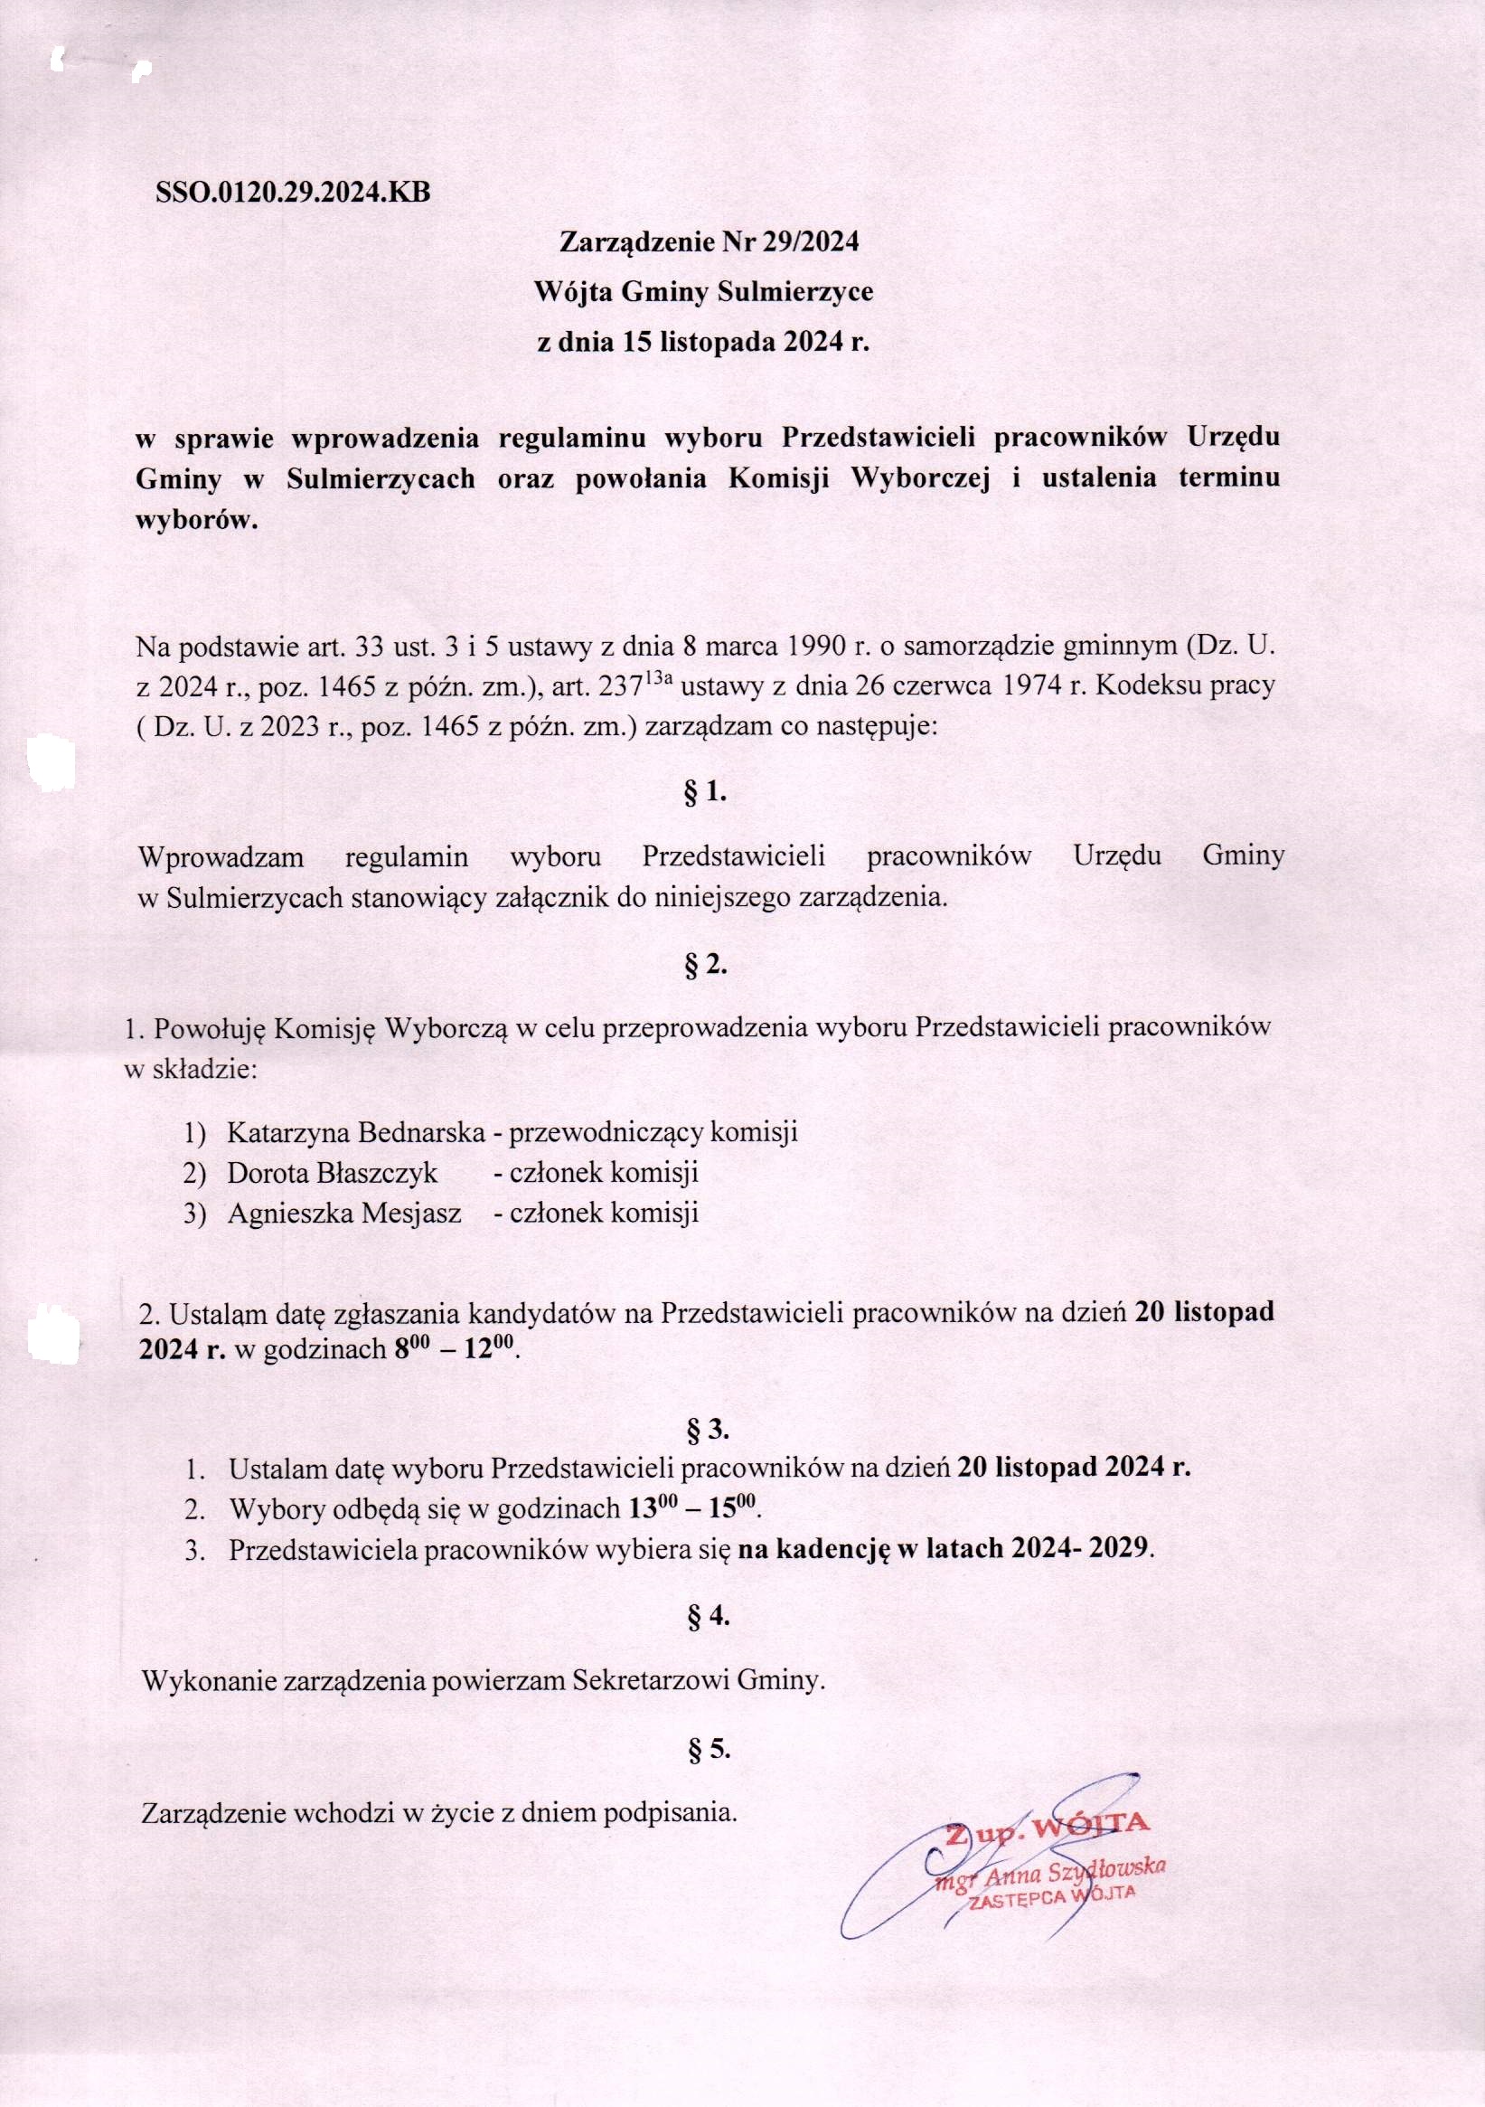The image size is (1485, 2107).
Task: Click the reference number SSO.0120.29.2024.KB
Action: click(293, 194)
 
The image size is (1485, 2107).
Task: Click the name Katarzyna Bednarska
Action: click(356, 1131)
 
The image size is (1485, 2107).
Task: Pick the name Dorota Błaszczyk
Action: click(332, 1172)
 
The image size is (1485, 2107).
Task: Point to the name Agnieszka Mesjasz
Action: click(344, 1213)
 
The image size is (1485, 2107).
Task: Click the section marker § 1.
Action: click(705, 793)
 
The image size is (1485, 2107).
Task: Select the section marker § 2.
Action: click(705, 966)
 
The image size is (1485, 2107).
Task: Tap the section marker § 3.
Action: click(706, 1430)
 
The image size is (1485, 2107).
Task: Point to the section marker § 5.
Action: click(707, 1750)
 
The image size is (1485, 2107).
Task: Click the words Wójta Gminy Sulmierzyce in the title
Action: click(703, 293)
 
